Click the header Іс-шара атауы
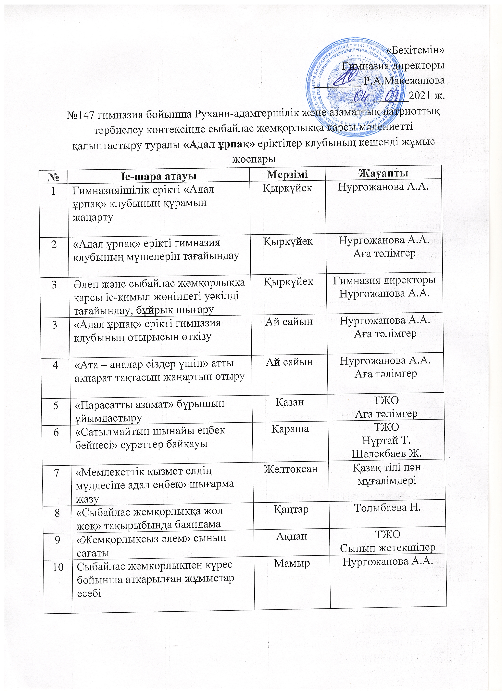158,176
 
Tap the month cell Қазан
290,402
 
